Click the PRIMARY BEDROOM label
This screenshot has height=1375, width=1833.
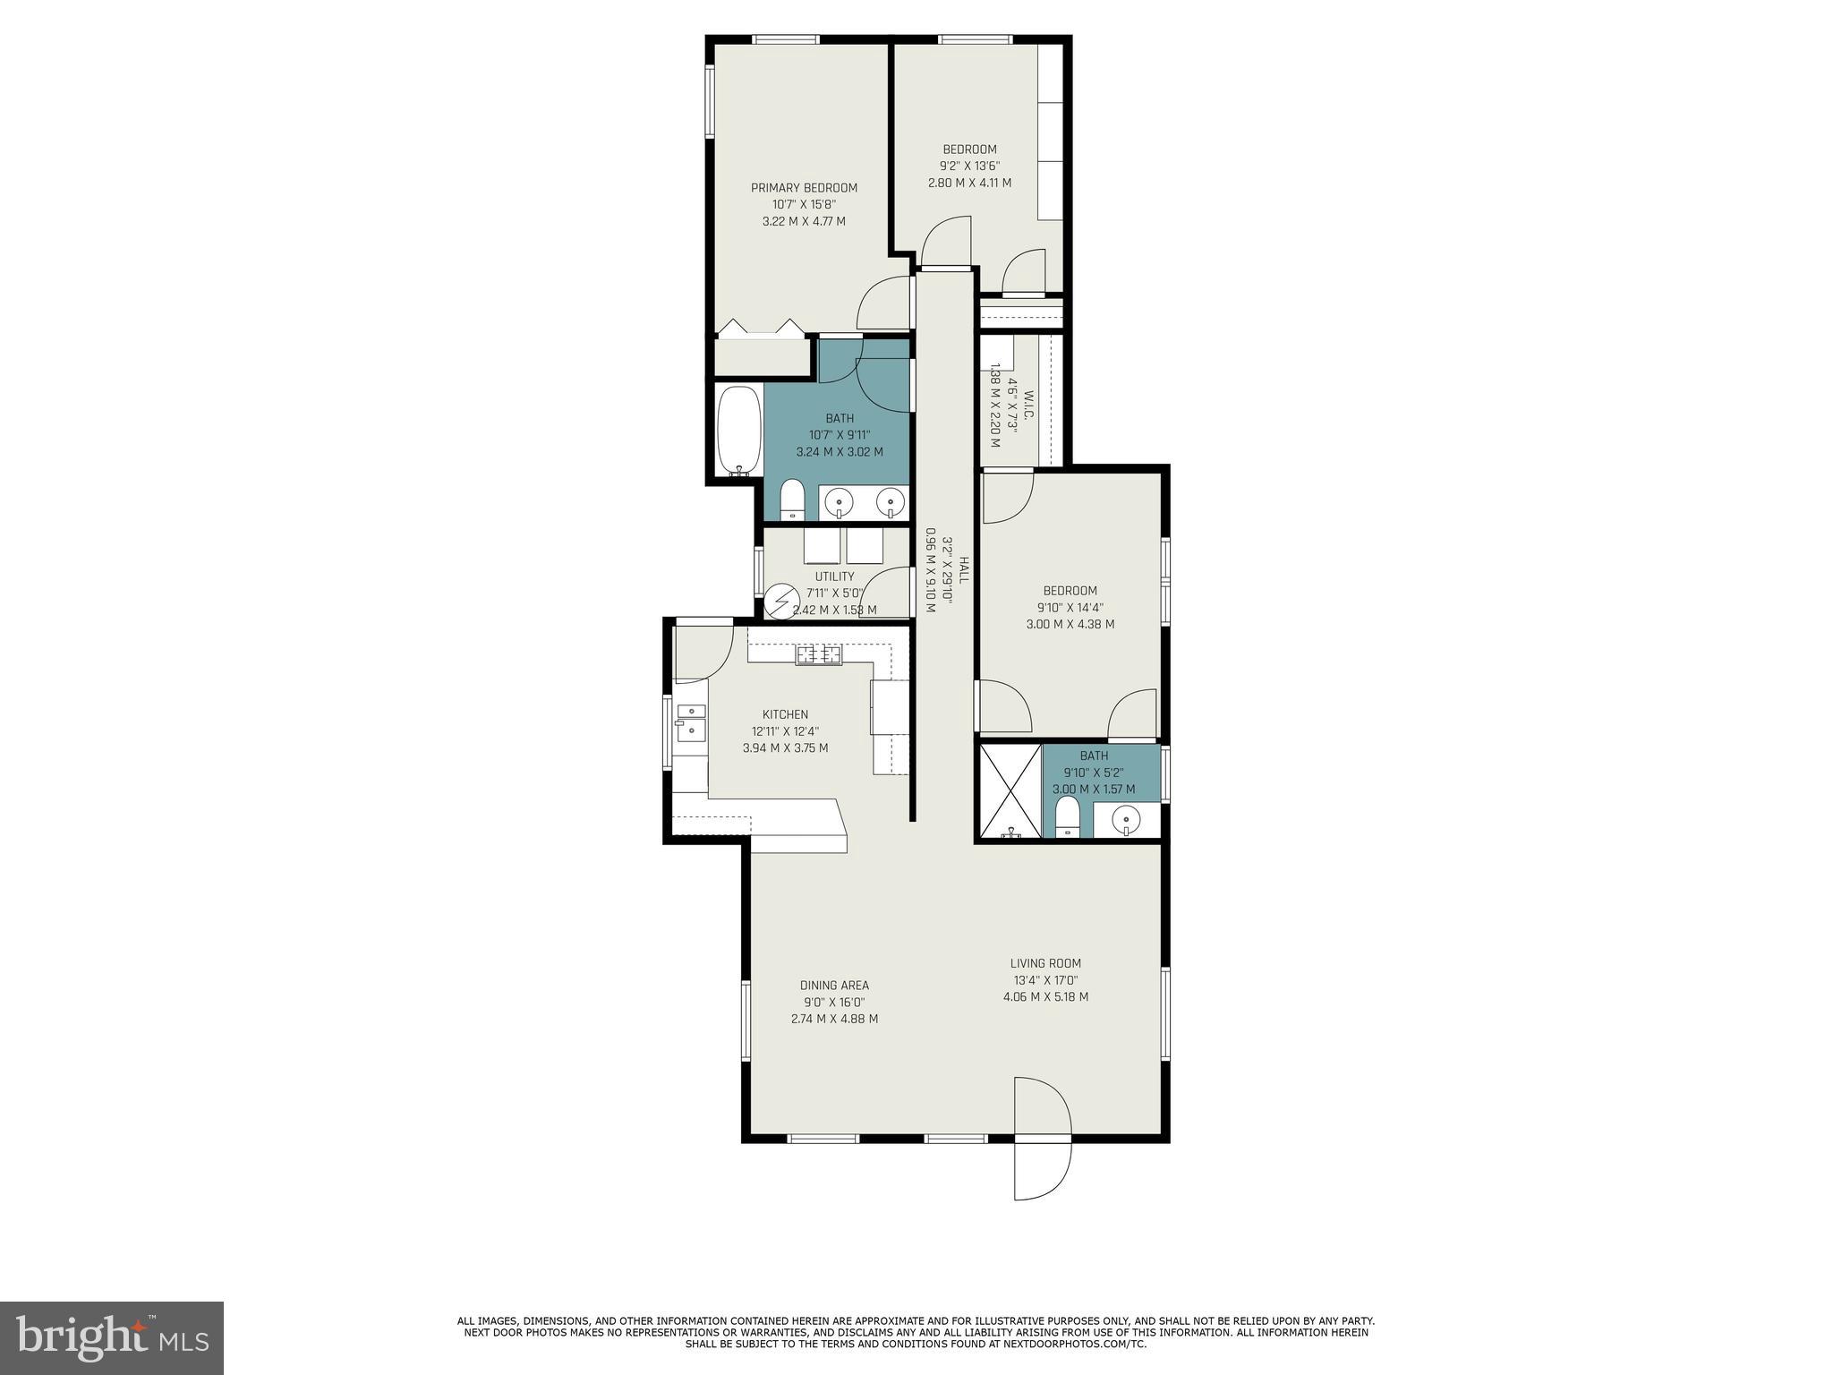pyautogui.click(x=804, y=188)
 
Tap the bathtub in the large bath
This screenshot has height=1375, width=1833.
pyautogui.click(x=738, y=431)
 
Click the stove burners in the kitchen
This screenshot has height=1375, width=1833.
pyautogui.click(x=818, y=654)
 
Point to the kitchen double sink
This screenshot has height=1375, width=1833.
pyautogui.click(x=690, y=722)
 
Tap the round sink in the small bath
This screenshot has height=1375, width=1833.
pyautogui.click(x=1126, y=817)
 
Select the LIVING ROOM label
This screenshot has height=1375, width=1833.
pyautogui.click(x=1045, y=963)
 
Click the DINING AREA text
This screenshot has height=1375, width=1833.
pyautogui.click(x=834, y=986)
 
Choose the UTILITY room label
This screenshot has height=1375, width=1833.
pyautogui.click(x=834, y=576)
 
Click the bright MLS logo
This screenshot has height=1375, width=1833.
pyautogui.click(x=112, y=1337)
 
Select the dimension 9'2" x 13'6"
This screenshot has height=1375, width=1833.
pyautogui.click(x=969, y=166)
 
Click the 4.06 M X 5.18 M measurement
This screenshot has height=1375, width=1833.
pyautogui.click(x=1045, y=996)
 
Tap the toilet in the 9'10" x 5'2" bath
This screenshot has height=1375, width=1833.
pyautogui.click(x=1067, y=816)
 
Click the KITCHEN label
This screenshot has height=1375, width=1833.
pyautogui.click(x=785, y=714)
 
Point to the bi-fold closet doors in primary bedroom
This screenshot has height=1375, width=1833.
pyautogui.click(x=761, y=327)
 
